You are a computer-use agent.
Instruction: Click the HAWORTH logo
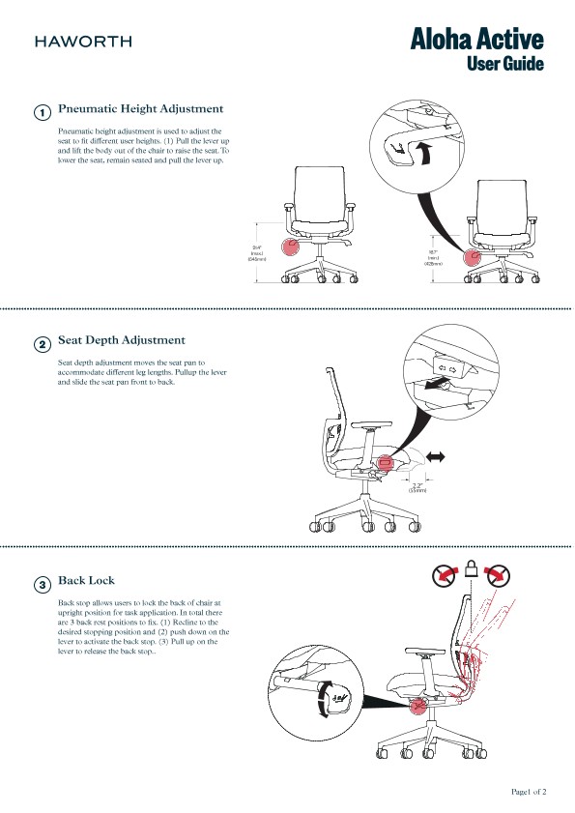[x=83, y=42]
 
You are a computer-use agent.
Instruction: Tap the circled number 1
[x=43, y=113]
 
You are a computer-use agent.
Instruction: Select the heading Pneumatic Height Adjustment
[x=141, y=109]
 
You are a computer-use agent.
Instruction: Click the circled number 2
[x=43, y=344]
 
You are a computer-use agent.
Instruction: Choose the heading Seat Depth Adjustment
[x=122, y=340]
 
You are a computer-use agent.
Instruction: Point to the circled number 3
[x=43, y=585]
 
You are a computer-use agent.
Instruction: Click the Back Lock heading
[x=86, y=581]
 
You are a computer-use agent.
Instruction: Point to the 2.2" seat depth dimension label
[x=417, y=487]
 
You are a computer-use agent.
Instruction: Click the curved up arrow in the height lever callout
[x=422, y=152]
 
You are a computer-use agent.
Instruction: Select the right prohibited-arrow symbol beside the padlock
[x=498, y=575]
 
